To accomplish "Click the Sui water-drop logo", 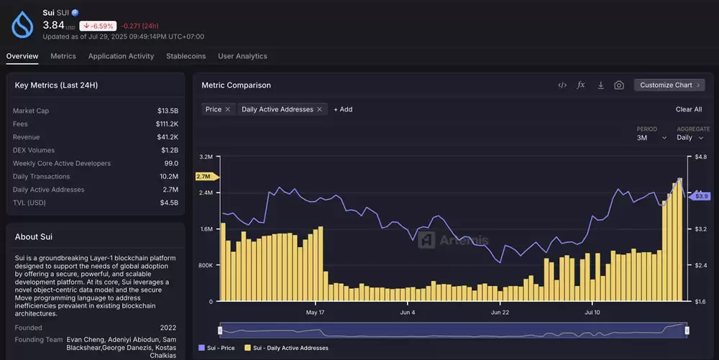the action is pyautogui.click(x=22, y=24).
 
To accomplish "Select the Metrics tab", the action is pyautogui.click(x=63, y=56).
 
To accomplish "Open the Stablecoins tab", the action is pyautogui.click(x=186, y=56).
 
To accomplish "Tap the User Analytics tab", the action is pyautogui.click(x=242, y=56).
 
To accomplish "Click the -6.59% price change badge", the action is pyautogui.click(x=98, y=26).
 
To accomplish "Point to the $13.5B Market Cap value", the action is pyautogui.click(x=168, y=111).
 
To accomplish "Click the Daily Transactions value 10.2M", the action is pyautogui.click(x=169, y=176).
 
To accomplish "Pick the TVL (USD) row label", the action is pyautogui.click(x=29, y=203).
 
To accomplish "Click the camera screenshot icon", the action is pyautogui.click(x=619, y=86).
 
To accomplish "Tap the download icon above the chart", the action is pyautogui.click(x=600, y=86).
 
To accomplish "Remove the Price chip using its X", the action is pyautogui.click(x=227, y=109).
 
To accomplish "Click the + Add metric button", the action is pyautogui.click(x=343, y=109).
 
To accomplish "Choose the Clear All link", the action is pyautogui.click(x=689, y=109).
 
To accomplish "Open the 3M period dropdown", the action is pyautogui.click(x=651, y=137).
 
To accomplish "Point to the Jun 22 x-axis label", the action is pyautogui.click(x=500, y=313).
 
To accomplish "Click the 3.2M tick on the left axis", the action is pyautogui.click(x=206, y=157).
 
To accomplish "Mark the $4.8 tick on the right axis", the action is pyautogui.click(x=700, y=157).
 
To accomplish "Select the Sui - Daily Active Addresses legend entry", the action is pyautogui.click(x=287, y=348).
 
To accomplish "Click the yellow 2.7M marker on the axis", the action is pyautogui.click(x=207, y=176).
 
